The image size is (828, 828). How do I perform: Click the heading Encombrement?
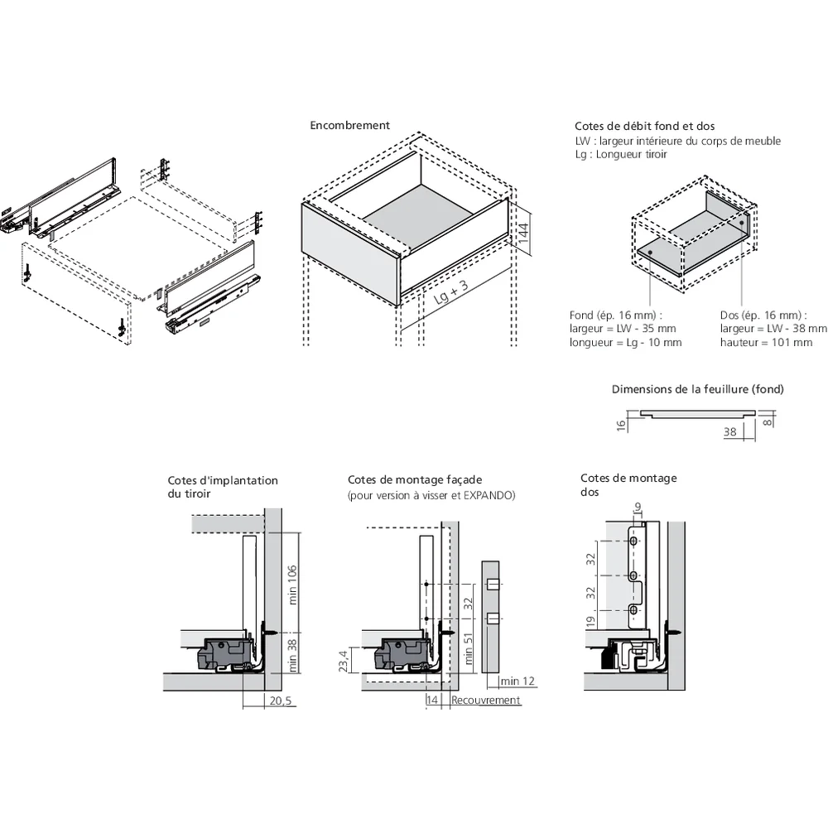tap(349, 126)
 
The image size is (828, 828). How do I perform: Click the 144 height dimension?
tap(522, 232)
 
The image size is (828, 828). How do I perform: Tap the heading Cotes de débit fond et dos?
tap(644, 126)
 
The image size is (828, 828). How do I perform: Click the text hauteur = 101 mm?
tap(766, 343)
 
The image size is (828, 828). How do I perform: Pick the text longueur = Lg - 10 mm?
tap(625, 343)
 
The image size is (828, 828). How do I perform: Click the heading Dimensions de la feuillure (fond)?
tap(697, 389)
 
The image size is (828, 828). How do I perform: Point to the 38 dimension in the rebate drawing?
tap(729, 431)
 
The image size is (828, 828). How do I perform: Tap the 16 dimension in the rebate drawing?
tap(619, 424)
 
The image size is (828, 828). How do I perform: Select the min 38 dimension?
tap(291, 653)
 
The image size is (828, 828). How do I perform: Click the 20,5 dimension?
tap(282, 700)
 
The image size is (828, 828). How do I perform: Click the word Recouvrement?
tap(486, 700)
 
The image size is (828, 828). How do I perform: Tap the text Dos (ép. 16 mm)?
tap(763, 315)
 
